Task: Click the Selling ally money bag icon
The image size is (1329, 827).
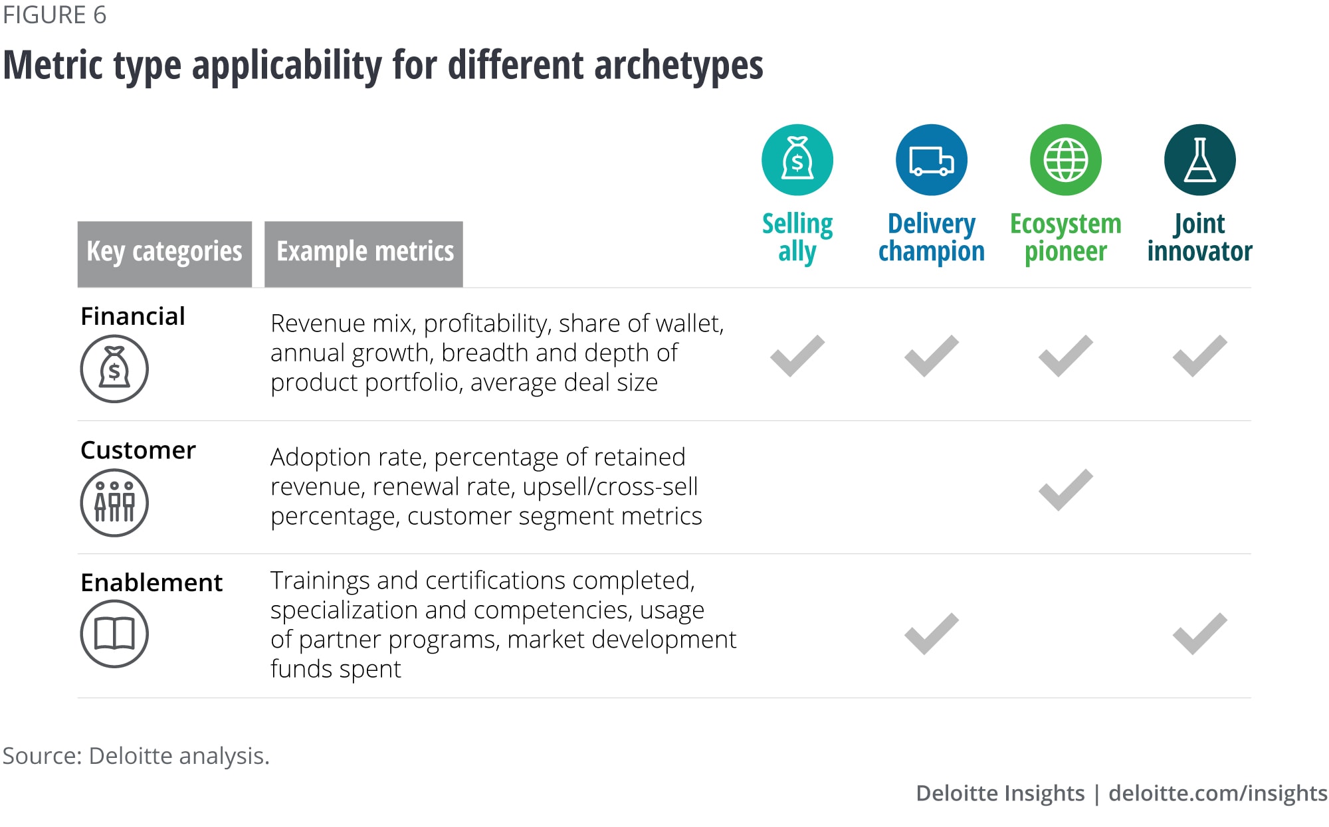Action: (797, 160)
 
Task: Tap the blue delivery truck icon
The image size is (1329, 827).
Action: (931, 160)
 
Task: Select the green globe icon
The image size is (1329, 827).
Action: (1065, 160)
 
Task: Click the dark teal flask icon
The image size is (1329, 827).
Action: (1199, 160)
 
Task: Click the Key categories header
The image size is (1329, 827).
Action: (165, 254)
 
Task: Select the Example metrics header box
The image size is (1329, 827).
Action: (363, 254)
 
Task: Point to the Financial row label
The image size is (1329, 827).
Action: (133, 316)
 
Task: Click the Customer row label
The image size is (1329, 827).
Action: (138, 450)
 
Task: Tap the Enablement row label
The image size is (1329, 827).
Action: (152, 583)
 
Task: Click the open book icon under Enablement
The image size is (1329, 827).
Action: (114, 633)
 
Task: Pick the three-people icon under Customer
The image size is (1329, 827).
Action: (114, 502)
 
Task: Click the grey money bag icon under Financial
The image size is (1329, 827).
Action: (114, 369)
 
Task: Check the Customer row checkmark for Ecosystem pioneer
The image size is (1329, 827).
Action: (1065, 490)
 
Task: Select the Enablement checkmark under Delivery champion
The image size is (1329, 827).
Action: (931, 634)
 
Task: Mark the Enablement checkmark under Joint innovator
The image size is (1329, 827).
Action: (1199, 634)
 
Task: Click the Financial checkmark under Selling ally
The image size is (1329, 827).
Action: (797, 356)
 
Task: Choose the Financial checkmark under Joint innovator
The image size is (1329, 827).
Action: (1199, 356)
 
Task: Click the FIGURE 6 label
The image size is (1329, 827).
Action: (54, 15)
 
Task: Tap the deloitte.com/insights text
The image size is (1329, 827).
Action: (1218, 793)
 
